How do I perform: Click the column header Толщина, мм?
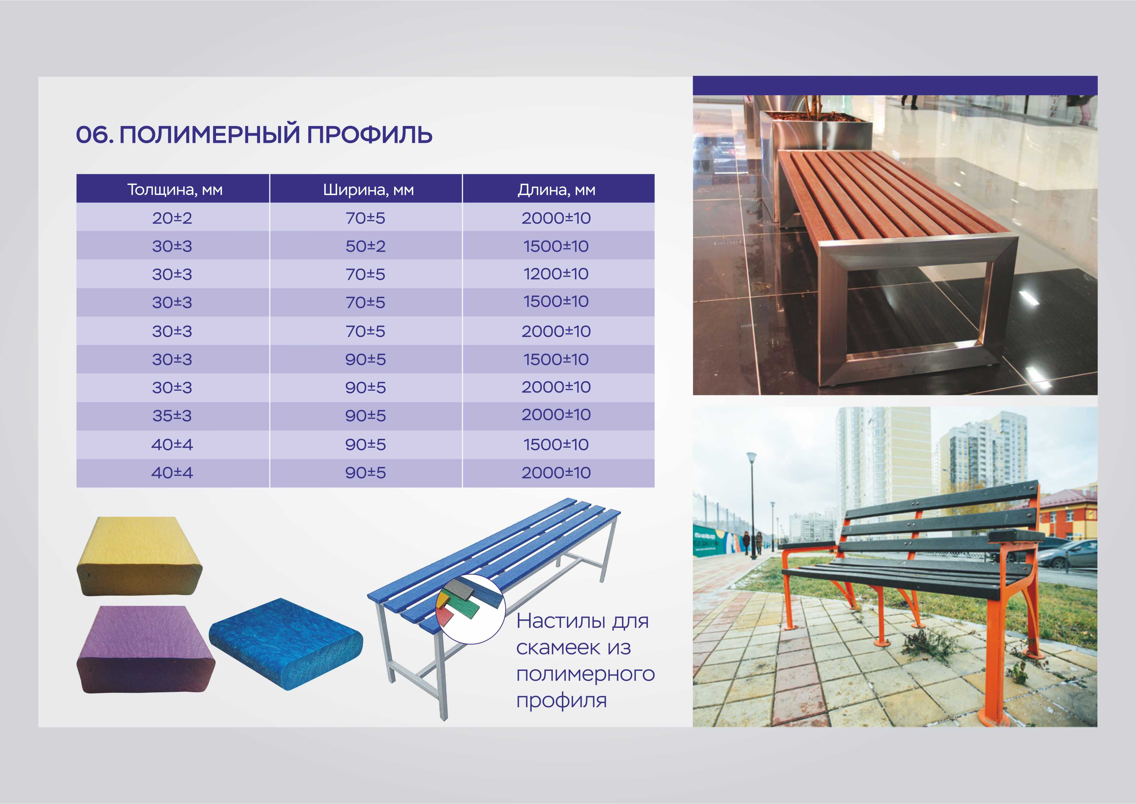[x=175, y=190]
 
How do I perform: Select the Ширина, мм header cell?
[x=368, y=190]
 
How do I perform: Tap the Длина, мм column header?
[x=557, y=190]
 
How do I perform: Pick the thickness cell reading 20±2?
[x=172, y=218]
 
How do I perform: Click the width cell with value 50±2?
[x=366, y=246]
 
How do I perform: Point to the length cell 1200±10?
[x=556, y=274]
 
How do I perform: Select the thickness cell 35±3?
[x=172, y=415]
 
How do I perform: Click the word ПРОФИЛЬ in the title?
[x=369, y=135]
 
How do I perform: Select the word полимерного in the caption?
[x=585, y=675]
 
